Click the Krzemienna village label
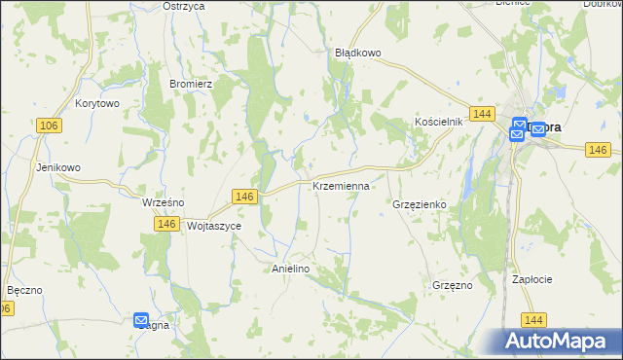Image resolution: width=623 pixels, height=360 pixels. click(x=341, y=185)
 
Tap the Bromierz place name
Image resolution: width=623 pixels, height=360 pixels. click(x=191, y=84)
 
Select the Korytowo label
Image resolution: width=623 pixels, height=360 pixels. click(x=96, y=103)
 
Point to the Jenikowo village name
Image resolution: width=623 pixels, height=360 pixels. click(x=58, y=167)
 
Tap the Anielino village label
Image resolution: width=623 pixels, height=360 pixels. click(x=290, y=269)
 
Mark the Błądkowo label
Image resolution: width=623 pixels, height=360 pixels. click(x=357, y=54)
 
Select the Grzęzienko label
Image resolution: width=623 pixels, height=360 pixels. click(x=419, y=205)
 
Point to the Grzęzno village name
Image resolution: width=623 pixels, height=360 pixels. click(x=452, y=285)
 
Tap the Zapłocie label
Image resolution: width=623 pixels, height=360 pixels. click(x=532, y=279)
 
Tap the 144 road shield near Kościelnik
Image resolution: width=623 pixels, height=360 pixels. click(x=479, y=114)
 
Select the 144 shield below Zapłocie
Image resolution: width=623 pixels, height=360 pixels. click(x=532, y=319)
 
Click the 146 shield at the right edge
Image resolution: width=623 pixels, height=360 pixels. click(x=598, y=149)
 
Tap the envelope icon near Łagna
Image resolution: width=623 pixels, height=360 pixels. click(x=141, y=319)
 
